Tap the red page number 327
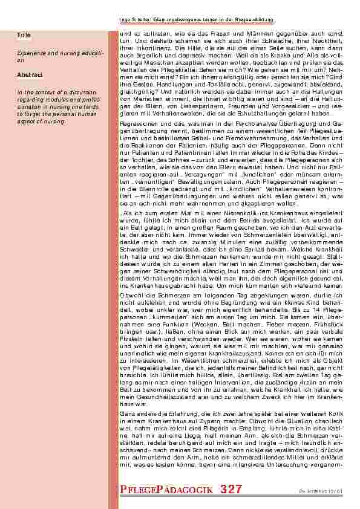[232, 488]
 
